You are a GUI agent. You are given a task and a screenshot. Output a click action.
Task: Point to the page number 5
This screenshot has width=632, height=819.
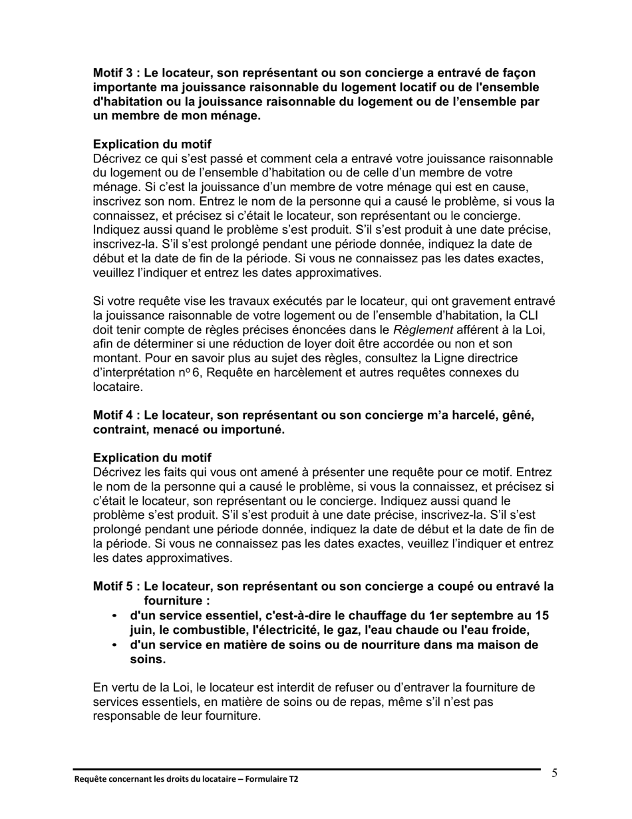pyautogui.click(x=554, y=773)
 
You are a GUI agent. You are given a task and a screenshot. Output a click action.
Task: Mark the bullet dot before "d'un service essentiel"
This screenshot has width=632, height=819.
pyautogui.click(x=116, y=616)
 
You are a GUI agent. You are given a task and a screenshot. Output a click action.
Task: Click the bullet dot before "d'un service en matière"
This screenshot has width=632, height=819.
pyautogui.click(x=116, y=645)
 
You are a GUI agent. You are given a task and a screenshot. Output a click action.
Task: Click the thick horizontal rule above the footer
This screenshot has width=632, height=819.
pyautogui.click(x=306, y=770)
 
